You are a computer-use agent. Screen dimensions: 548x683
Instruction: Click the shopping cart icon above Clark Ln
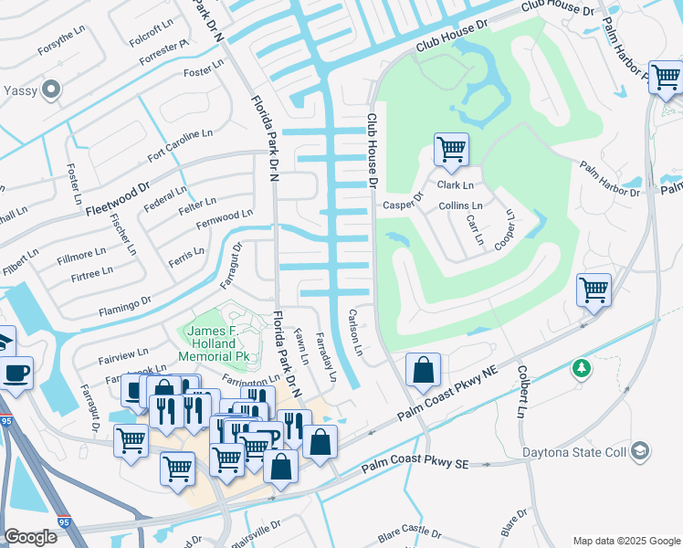pyautogui.click(x=451, y=149)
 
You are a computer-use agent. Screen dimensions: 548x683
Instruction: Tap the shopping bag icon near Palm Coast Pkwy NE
pyautogui.click(x=423, y=371)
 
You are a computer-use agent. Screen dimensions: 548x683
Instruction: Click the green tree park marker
pyautogui.click(x=581, y=368)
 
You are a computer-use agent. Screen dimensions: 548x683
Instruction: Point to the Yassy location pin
pyautogui.click(x=51, y=90)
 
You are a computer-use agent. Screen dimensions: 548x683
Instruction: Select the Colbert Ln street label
pyautogui.click(x=523, y=393)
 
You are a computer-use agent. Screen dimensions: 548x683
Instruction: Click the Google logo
pyautogui.click(x=30, y=537)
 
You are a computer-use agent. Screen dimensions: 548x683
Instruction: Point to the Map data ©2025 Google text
pyautogui.click(x=626, y=541)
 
